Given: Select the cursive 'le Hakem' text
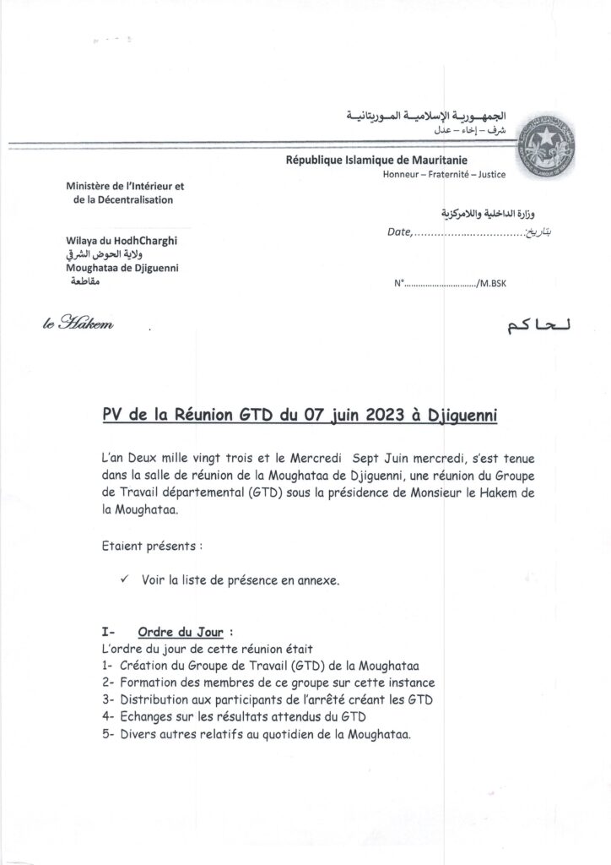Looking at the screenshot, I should pos(77,324).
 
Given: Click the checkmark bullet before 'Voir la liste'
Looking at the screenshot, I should pos(125,581).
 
